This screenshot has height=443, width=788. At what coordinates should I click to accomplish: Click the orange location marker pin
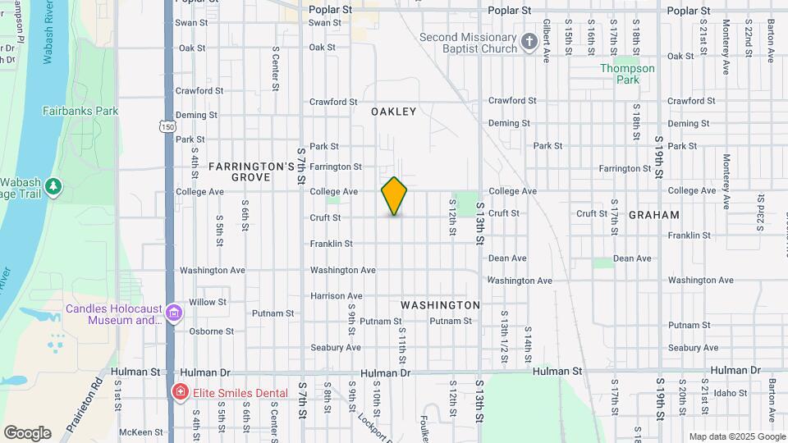point(394,196)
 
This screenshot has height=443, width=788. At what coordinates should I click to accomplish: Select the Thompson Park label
point(628,74)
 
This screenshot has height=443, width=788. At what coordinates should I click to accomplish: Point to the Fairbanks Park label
point(80,111)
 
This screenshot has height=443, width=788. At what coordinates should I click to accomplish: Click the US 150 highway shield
point(167,126)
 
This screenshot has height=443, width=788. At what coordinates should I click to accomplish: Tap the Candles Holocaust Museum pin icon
point(173,313)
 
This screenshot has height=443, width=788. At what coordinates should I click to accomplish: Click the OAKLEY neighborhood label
point(393,112)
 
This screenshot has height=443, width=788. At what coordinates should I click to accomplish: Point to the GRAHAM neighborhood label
point(653,215)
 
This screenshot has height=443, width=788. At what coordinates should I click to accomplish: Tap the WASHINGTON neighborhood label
point(440,305)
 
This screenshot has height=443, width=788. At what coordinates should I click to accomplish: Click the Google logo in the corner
point(27,432)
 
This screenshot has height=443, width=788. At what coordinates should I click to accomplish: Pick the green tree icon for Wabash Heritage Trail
point(54,186)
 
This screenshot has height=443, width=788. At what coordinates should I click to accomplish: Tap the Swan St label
point(325,22)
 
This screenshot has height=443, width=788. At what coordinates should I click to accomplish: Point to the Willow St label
point(207,303)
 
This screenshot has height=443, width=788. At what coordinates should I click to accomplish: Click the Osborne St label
point(211,331)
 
